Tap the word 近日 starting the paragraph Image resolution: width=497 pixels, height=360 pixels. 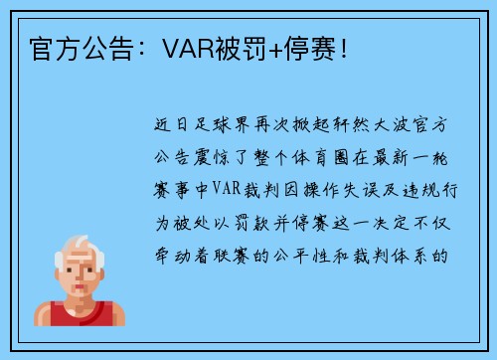coord(167,125)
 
